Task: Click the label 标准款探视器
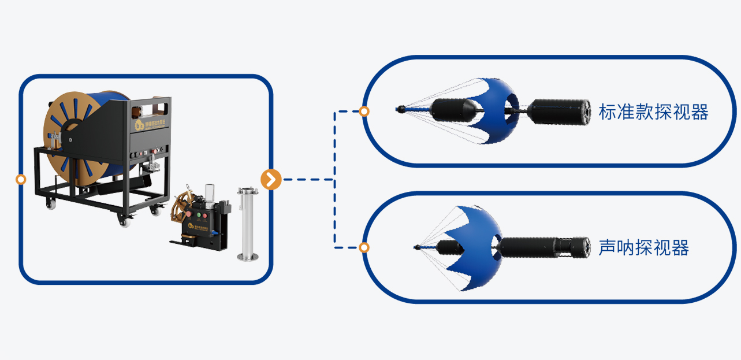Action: tap(653, 112)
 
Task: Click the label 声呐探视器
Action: tap(643, 248)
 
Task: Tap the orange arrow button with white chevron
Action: tap(271, 180)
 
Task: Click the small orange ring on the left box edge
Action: tap(21, 180)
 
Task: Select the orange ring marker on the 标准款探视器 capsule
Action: tap(364, 112)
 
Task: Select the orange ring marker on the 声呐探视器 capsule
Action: tap(364, 248)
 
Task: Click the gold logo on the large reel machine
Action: tap(139, 125)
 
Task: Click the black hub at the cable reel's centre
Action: tap(70, 139)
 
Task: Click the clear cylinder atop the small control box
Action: tap(210, 192)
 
